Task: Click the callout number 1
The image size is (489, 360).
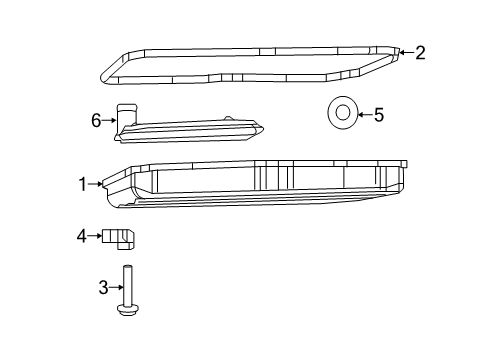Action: coord(85,183)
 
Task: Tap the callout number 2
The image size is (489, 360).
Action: coord(420,53)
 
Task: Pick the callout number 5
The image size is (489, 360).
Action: coord(378,115)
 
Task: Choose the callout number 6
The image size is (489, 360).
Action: coord(97,120)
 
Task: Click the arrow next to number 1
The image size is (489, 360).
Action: coord(97,183)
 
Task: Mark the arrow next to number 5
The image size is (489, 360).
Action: coord(363,115)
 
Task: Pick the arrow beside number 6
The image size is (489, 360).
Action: coord(109,120)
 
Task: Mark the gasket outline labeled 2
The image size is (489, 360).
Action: coord(250,46)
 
